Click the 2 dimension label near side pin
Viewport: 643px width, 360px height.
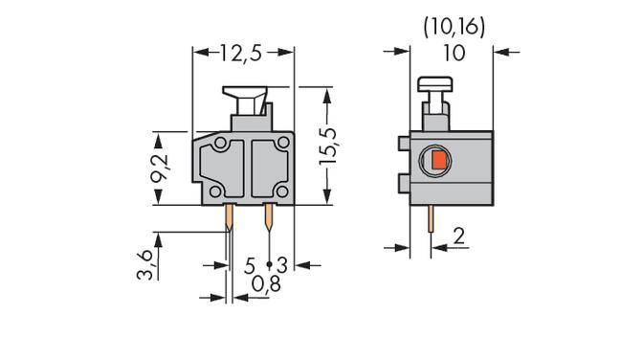pos(459,235)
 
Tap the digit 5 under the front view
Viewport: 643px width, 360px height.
pos(250,263)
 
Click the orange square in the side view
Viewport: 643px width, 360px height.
pos(437,160)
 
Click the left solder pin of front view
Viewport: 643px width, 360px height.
pos(230,221)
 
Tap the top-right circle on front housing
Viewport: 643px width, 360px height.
pos(282,144)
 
